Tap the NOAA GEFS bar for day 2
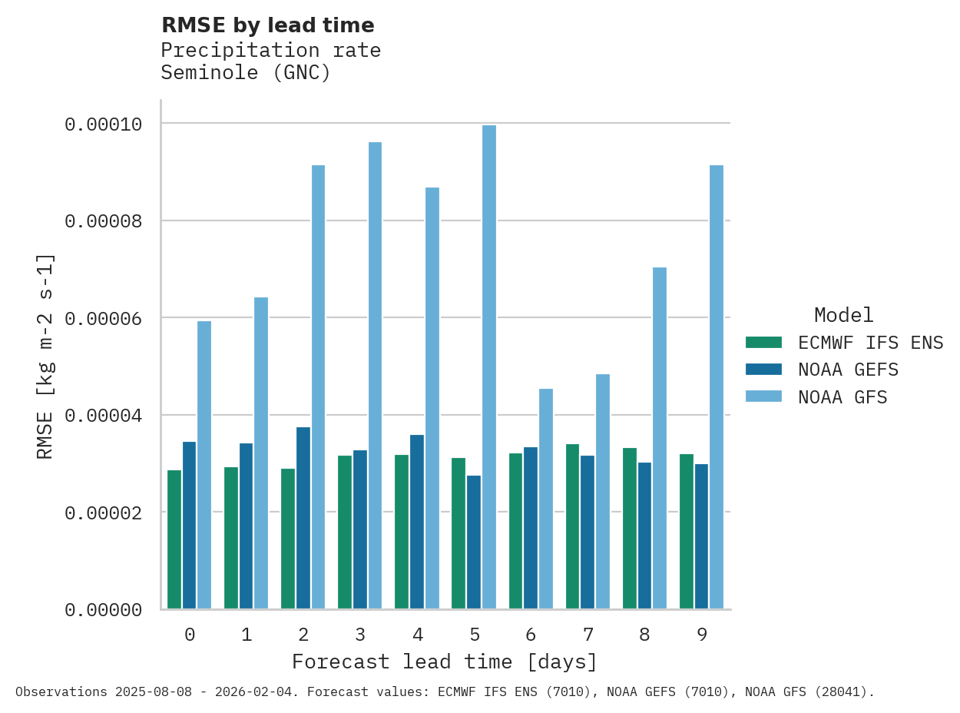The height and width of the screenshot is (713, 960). pos(303,518)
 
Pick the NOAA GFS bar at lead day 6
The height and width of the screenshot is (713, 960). pos(546,499)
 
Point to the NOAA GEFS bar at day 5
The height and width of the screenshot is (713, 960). pos(474,542)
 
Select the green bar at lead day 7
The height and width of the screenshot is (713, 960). pos(573,526)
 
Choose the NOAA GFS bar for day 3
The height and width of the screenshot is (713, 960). pos(376,376)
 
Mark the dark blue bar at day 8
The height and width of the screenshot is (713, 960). pos(644,536)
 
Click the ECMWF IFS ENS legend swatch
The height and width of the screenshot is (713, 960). pos(763,342)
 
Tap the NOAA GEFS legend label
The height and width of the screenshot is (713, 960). pos(848,370)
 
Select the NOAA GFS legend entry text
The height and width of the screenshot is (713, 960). pos(842,397)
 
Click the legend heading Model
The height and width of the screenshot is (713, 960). pos(843,315)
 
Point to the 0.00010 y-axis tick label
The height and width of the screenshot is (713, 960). pos(103,124)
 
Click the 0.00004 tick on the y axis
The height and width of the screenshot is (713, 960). pos(103,416)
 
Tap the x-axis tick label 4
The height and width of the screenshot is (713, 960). pos(417,635)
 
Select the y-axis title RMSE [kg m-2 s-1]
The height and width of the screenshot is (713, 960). pos(46,355)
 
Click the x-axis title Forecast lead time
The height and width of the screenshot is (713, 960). pos(444,662)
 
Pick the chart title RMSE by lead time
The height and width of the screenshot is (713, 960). pos(267,25)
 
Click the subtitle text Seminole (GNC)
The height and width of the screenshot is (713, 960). pos(246,73)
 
